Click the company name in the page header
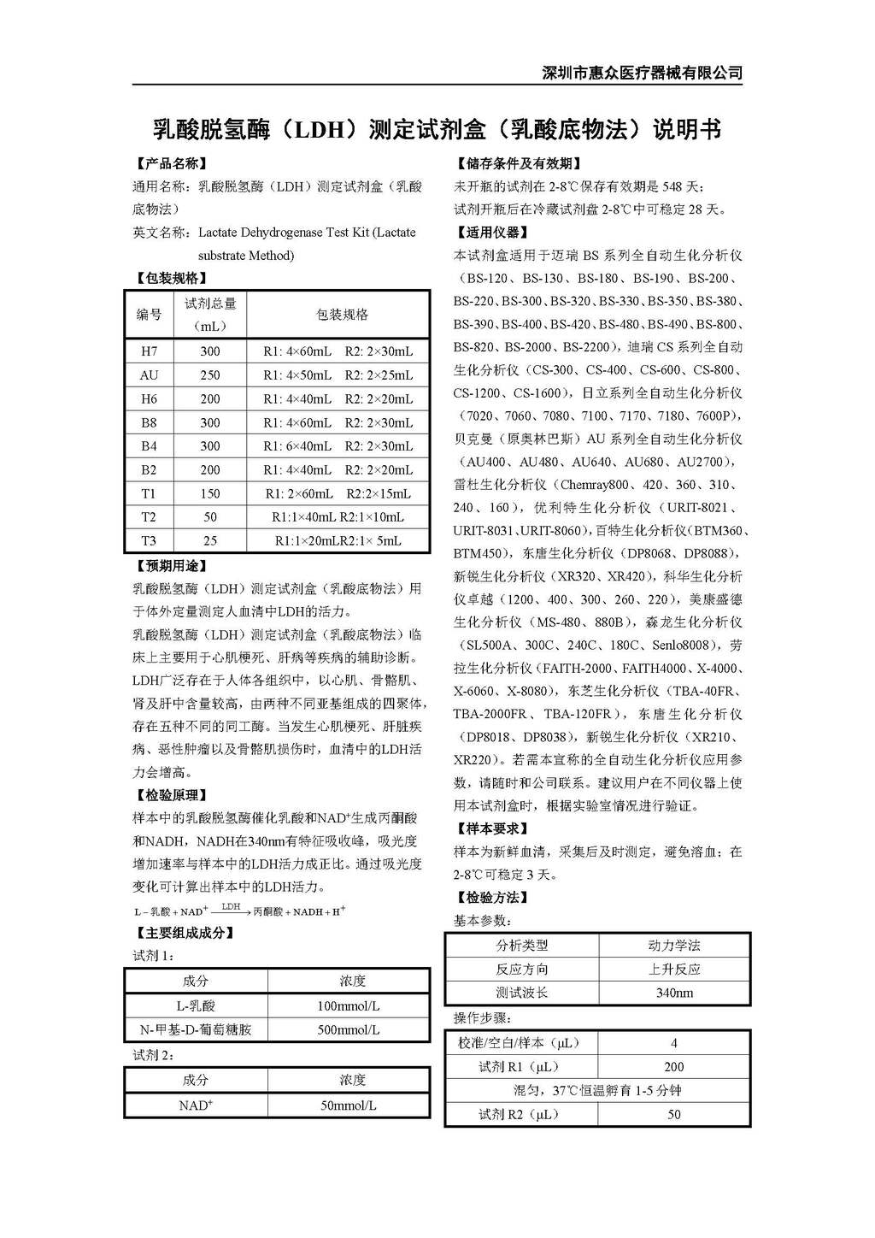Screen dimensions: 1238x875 click(643, 73)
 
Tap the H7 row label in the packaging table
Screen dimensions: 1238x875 click(150, 351)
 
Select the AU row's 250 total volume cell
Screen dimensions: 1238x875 click(210, 375)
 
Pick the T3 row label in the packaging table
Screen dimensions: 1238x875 click(150, 540)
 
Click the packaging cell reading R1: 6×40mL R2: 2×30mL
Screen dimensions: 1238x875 click(338, 446)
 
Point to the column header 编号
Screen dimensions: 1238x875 click(150, 315)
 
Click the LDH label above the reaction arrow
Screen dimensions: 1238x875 click(231, 905)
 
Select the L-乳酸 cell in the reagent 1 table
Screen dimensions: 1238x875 click(196, 1006)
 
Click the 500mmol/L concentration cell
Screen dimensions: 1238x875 click(349, 1030)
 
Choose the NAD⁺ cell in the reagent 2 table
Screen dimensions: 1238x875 click(196, 1105)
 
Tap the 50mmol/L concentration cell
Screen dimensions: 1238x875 click(349, 1105)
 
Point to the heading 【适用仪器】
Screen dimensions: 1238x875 click(491, 233)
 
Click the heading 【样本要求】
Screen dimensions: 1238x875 click(491, 828)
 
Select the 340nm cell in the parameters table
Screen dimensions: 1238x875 click(674, 993)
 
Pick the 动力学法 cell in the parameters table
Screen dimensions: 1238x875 click(674, 946)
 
